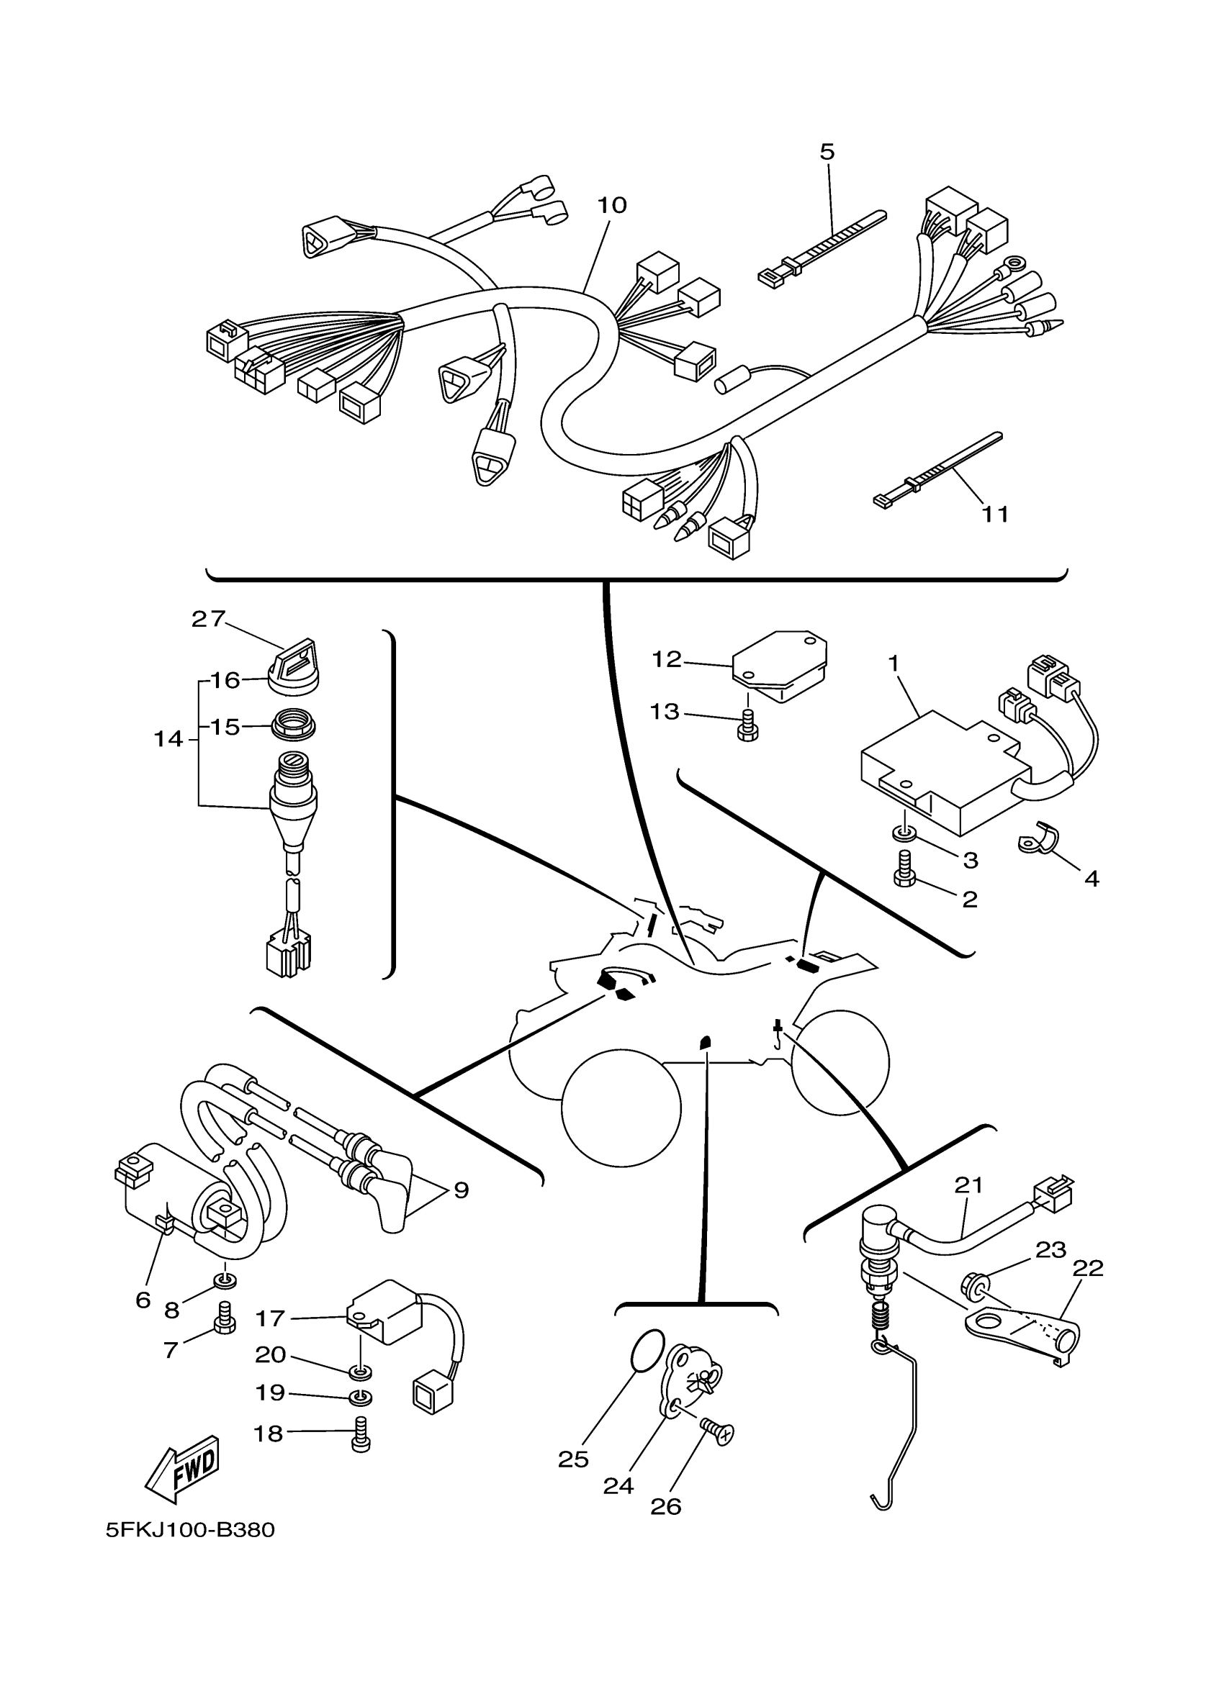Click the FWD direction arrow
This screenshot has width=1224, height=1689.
[181, 1467]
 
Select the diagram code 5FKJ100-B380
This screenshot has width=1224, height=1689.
[190, 1531]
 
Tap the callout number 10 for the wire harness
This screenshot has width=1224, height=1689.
[613, 205]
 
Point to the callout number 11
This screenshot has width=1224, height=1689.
[995, 514]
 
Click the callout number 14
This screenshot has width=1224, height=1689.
[168, 739]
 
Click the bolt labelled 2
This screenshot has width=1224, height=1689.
[904, 870]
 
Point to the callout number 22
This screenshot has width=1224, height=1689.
[1087, 1268]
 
